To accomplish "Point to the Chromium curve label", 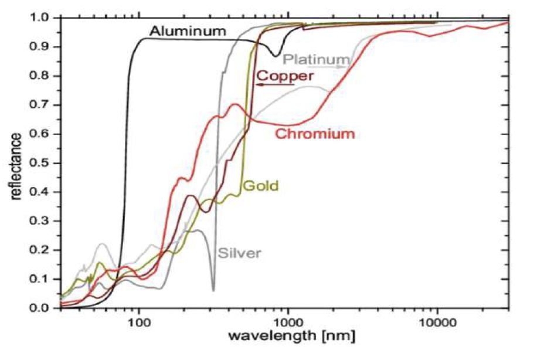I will [315, 134].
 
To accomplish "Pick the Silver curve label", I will [239, 253].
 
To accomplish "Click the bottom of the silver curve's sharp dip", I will [213, 290].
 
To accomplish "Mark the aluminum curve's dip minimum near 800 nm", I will [275, 56].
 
